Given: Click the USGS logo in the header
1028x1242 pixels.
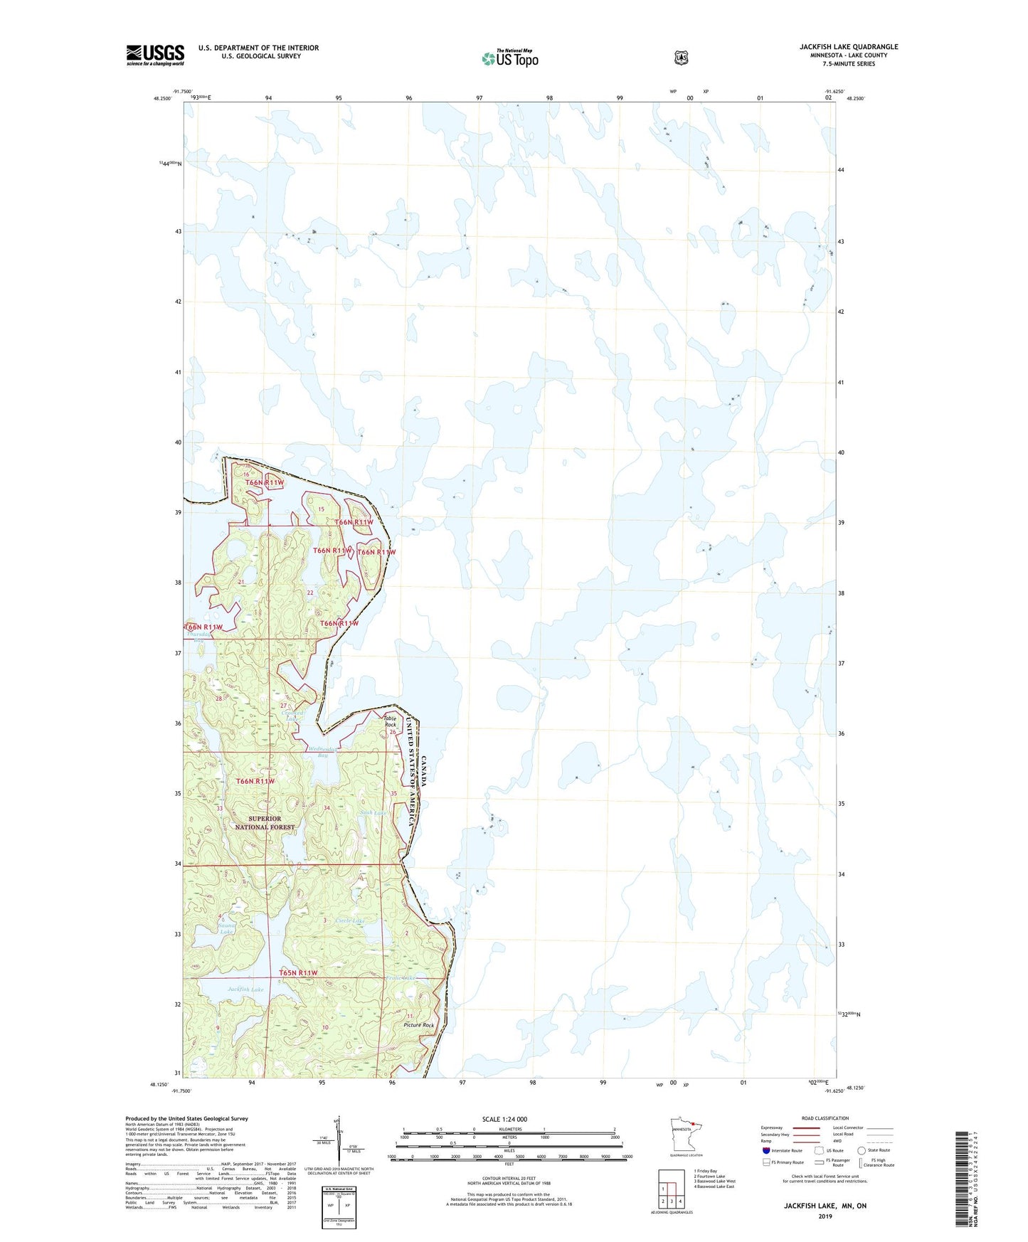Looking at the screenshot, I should tap(155, 55).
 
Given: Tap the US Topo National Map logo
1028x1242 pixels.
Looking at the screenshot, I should tap(509, 58).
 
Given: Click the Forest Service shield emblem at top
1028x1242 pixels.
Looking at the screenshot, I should tap(681, 58).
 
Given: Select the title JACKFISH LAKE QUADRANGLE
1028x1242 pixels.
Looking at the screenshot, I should tap(848, 47).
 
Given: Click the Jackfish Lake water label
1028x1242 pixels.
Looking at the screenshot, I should tap(245, 989).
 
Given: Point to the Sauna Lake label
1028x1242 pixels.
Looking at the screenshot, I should tap(226, 928).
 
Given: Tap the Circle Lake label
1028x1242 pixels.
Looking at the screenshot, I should tap(349, 920).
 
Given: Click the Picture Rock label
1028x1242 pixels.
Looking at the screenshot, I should tap(418, 1025).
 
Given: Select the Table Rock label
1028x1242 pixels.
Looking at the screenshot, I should tap(390, 721).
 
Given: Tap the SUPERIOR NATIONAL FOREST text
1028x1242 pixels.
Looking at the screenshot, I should tap(265, 823).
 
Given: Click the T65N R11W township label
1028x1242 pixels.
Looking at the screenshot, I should tap(298, 972).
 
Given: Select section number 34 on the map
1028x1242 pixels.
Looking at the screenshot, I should tap(327, 808).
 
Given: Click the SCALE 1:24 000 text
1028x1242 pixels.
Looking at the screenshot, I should tap(504, 1119).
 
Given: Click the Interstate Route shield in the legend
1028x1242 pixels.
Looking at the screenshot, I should tap(765, 1150).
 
